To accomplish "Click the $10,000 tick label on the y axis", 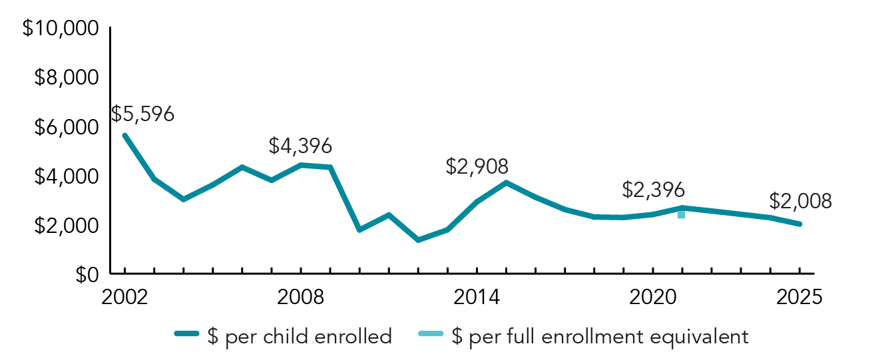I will [x=60, y=29].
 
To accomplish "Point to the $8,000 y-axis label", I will [x=65, y=79].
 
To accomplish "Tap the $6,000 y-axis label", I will [x=65, y=128].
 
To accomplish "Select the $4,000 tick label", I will [x=65, y=177].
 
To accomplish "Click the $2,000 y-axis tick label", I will [x=65, y=226].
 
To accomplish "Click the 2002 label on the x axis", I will [x=124, y=297].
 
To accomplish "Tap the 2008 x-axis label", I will [x=301, y=297].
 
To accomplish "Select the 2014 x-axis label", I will [x=477, y=297].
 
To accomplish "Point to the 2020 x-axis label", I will [x=652, y=297].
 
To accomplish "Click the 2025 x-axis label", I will [x=799, y=297].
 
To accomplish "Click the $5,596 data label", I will [x=142, y=114].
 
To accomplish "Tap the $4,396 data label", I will [x=300, y=146].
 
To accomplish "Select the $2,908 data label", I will [x=477, y=166].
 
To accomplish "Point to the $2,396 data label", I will [x=653, y=190].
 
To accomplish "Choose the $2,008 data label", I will [x=800, y=202].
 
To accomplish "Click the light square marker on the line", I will [x=681, y=214].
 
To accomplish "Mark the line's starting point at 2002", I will [x=124, y=135].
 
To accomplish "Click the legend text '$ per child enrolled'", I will [x=300, y=337].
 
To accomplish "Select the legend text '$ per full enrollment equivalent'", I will [x=600, y=337].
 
